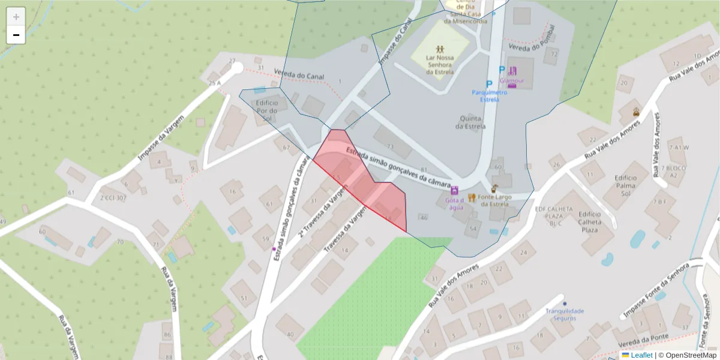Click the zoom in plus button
click(x=16, y=17)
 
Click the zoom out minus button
click(x=16, y=35)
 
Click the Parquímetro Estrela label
click(x=489, y=96)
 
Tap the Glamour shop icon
click(x=512, y=71)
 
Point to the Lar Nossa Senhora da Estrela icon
click(x=440, y=48)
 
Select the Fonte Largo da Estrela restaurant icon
click(x=472, y=197)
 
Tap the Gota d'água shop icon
click(x=455, y=190)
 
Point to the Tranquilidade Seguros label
click(x=564, y=314)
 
